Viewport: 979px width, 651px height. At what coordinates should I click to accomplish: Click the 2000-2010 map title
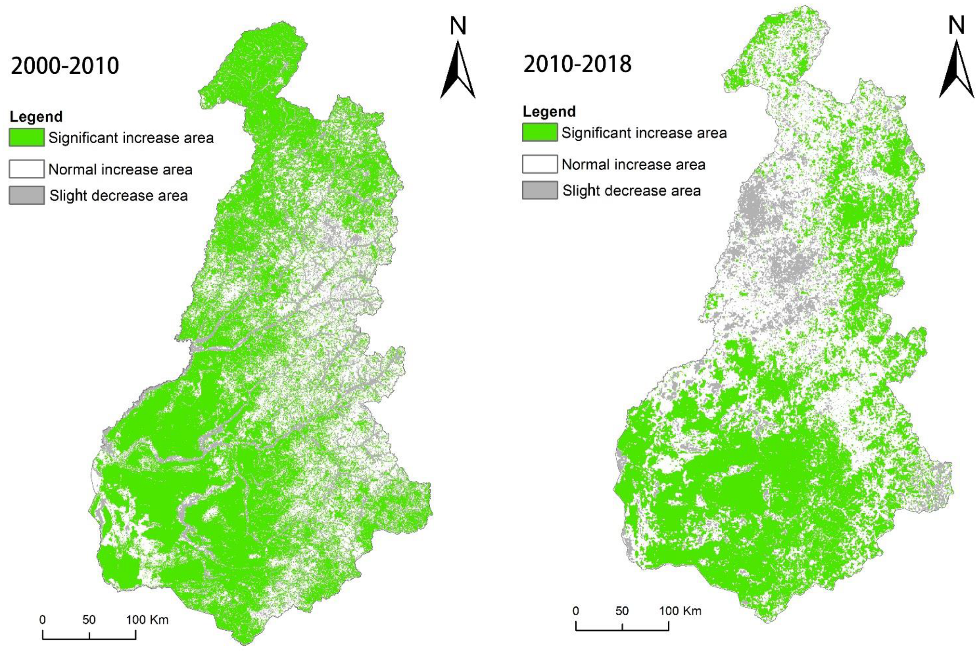click(x=65, y=66)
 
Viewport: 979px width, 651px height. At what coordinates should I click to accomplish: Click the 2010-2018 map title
click(x=577, y=64)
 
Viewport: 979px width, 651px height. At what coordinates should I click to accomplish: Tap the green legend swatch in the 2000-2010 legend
click(x=26, y=137)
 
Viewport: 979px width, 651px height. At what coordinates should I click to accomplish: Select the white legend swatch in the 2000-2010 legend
click(x=26, y=169)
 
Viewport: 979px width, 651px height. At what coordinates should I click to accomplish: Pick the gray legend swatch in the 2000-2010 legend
click(x=26, y=195)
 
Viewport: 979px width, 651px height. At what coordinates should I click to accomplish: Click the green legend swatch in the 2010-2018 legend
click(x=540, y=133)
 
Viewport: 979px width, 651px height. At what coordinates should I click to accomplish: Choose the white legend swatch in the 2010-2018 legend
click(x=540, y=164)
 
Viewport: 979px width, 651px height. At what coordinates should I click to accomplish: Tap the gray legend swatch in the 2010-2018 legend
click(x=540, y=190)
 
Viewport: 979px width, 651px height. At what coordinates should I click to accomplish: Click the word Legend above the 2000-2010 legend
click(x=36, y=117)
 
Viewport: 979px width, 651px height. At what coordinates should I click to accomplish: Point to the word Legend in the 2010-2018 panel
click(x=549, y=112)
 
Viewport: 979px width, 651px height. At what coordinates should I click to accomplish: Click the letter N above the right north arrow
click(x=956, y=25)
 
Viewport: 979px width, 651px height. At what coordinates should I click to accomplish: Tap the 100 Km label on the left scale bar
click(x=147, y=620)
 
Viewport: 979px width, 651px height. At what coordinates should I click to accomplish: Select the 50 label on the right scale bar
click(x=622, y=611)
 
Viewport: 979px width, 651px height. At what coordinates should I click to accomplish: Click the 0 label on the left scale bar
click(x=42, y=620)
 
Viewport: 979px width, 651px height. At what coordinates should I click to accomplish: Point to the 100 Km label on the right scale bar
click(x=680, y=611)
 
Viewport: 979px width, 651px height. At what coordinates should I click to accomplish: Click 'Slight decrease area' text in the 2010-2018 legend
click(x=631, y=191)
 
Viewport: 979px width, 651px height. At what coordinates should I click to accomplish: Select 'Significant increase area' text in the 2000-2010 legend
click(x=131, y=138)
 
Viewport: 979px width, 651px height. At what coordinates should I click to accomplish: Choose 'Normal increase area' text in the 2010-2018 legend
click(x=633, y=165)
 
